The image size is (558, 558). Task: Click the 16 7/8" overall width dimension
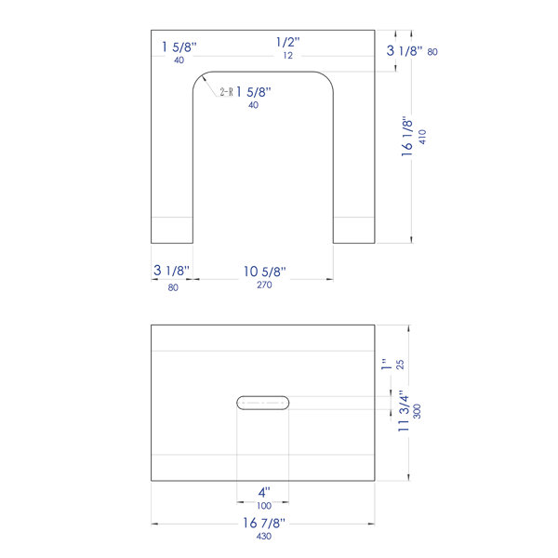click(264, 523)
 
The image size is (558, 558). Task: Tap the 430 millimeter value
click(264, 536)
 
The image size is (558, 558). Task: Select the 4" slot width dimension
click(264, 493)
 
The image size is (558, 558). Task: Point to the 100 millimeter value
click(264, 505)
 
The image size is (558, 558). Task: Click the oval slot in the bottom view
click(262, 403)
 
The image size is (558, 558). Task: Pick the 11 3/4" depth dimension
click(404, 411)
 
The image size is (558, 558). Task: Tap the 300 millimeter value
click(417, 411)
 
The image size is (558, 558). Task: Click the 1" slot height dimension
click(386, 364)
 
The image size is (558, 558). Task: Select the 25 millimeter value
click(400, 365)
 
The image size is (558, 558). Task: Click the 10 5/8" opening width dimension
click(264, 272)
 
